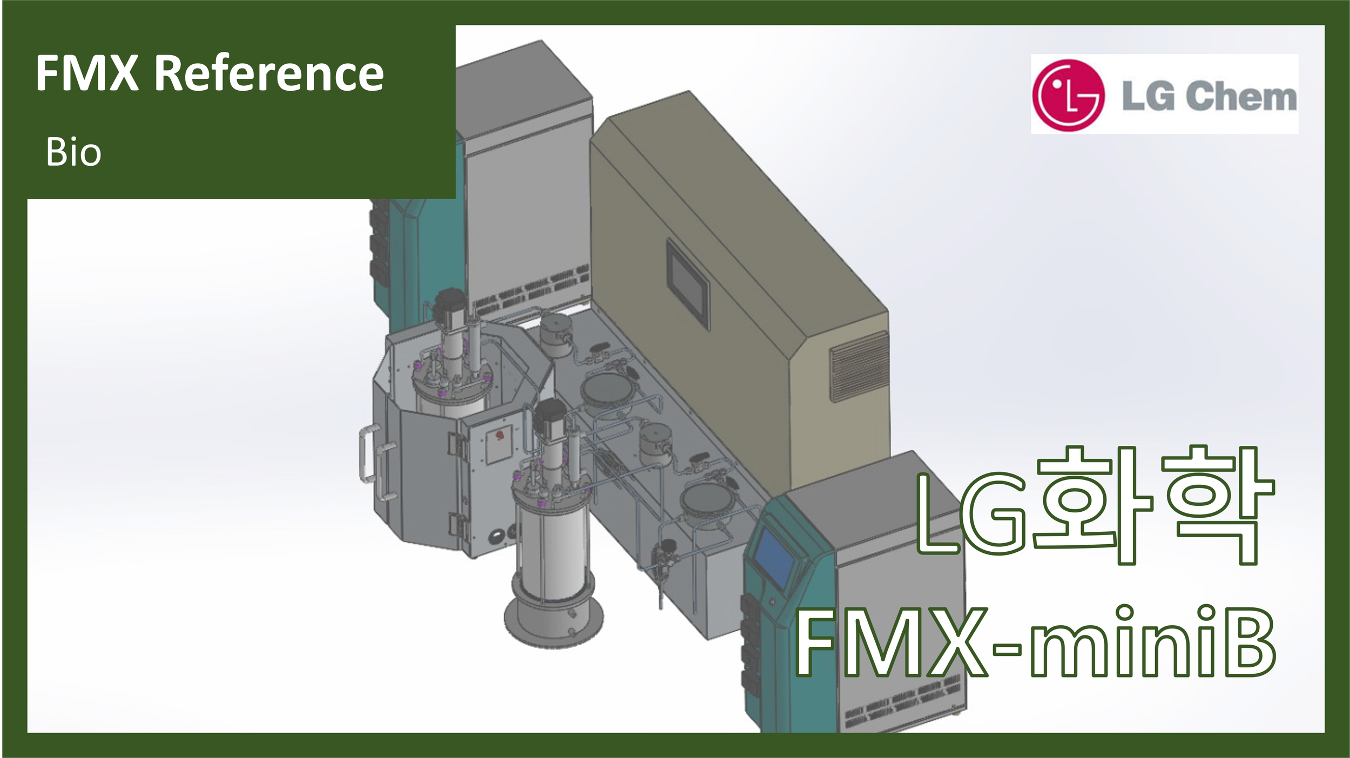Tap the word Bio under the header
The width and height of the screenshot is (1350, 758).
(73, 152)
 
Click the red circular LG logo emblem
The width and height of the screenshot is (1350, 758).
(1068, 95)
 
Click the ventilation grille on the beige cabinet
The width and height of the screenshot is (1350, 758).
(859, 367)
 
